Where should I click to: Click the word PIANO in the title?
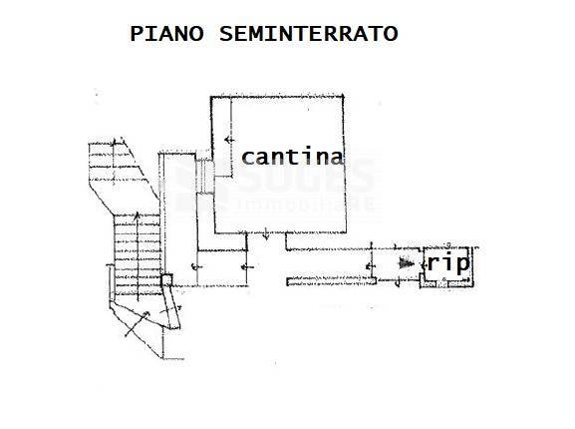pyautogui.click(x=166, y=34)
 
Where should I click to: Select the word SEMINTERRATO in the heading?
pyautogui.click(x=308, y=34)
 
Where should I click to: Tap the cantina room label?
pyautogui.click(x=292, y=156)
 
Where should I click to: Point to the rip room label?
pyautogui.click(x=448, y=263)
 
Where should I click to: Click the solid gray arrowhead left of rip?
pyautogui.click(x=407, y=262)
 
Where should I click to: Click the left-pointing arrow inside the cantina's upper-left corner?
pyautogui.click(x=229, y=140)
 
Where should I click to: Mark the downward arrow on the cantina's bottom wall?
pyautogui.click(x=267, y=234)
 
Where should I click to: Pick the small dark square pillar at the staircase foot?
pyautogui.click(x=166, y=280)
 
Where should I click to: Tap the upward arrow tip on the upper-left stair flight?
pyautogui.click(x=114, y=140)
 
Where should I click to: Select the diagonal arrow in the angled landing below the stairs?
pyautogui.click(x=138, y=323)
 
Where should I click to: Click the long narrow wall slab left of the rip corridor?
pyautogui.click(x=332, y=281)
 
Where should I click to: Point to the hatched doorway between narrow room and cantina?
pyautogui.click(x=204, y=177)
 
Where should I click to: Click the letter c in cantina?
pyautogui.click(x=248, y=158)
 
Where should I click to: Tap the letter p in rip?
pyautogui.click(x=462, y=264)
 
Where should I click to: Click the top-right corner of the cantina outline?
pyautogui.click(x=343, y=97)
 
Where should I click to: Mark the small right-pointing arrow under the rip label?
pyautogui.click(x=460, y=280)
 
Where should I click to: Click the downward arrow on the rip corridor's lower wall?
pyautogui.click(x=398, y=281)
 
